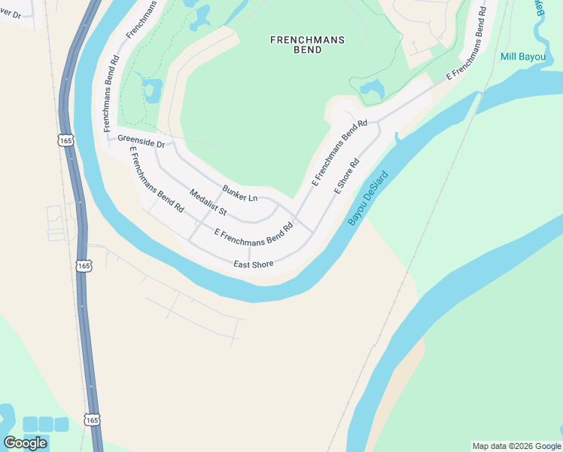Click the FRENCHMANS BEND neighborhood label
click(x=297, y=44)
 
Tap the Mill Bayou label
click(x=524, y=56)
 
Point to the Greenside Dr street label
click(x=141, y=140)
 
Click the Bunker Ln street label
click(x=240, y=193)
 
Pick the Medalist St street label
click(x=208, y=204)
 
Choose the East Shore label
click(x=253, y=264)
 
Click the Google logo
click(x=25, y=443)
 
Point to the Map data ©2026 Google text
click(x=516, y=446)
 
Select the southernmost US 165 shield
click(x=92, y=420)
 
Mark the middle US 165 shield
click(x=84, y=266)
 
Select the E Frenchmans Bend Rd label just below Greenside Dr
click(x=157, y=179)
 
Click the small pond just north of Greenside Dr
click(x=152, y=90)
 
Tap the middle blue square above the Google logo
click(x=46, y=424)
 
